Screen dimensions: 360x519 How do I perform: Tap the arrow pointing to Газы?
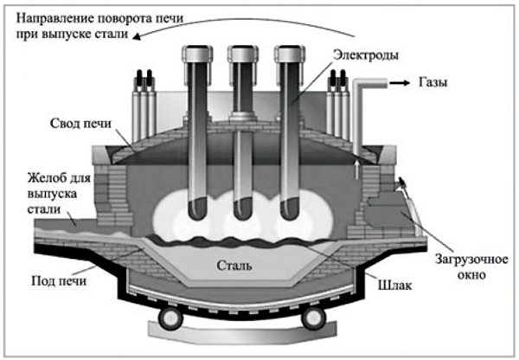[x=400, y=84]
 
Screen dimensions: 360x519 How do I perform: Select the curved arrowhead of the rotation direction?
[x=143, y=35]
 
